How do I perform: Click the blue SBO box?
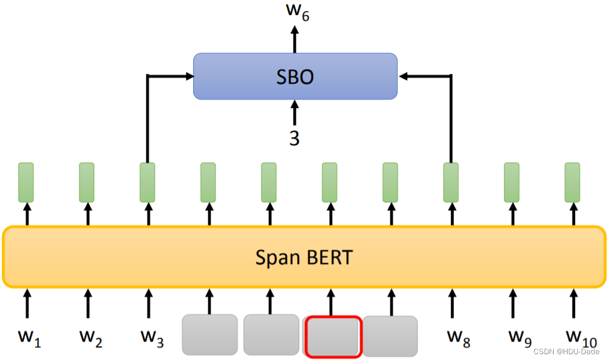tap(295, 76)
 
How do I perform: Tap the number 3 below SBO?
tap(295, 139)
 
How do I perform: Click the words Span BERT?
tap(303, 257)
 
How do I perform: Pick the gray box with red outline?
tap(333, 336)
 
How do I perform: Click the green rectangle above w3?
tap(147, 182)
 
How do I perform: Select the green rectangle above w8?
tap(451, 182)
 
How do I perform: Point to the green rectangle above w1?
tap(26, 182)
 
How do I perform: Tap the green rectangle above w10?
tap(572, 182)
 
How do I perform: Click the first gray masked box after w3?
tap(210, 334)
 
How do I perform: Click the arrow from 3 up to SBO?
tap(295, 113)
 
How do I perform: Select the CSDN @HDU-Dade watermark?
tap(566, 352)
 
